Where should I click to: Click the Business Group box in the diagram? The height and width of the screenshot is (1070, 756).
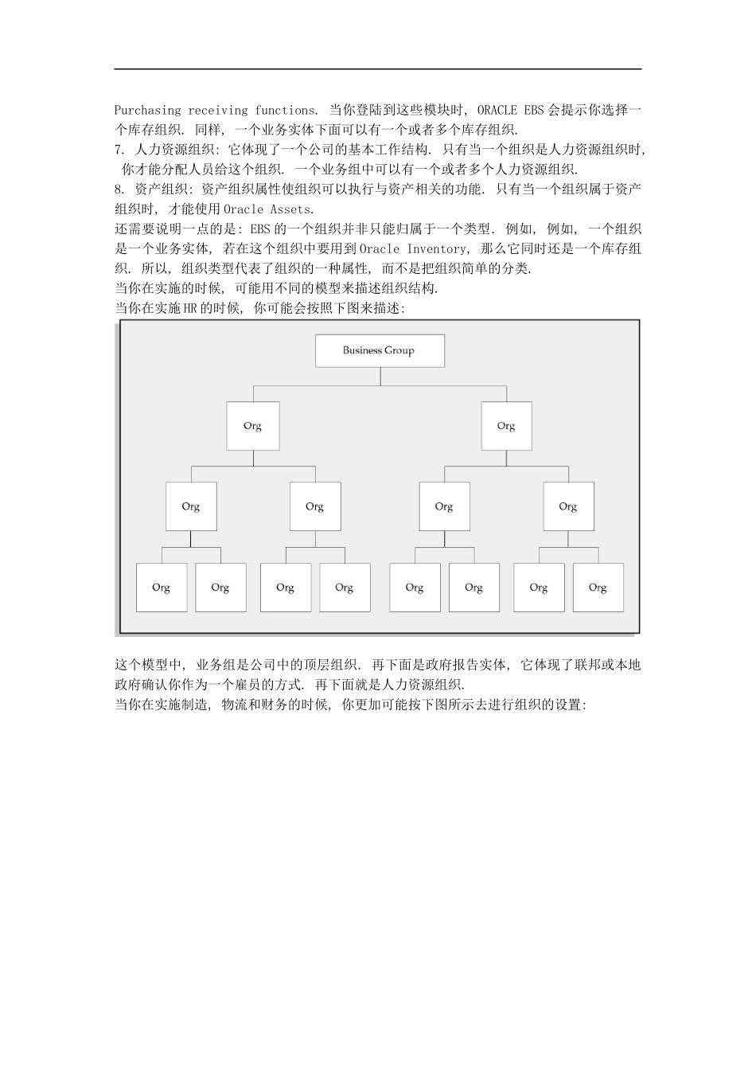pos(380,350)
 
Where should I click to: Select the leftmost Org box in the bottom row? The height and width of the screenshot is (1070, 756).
pos(162,588)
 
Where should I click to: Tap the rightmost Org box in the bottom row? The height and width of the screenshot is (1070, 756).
pos(598,588)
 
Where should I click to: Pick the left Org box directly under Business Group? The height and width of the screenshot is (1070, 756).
pos(253,426)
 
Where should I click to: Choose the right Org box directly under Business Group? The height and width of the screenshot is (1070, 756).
pos(506,426)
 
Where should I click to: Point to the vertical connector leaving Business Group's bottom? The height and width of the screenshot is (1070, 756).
pos(380,376)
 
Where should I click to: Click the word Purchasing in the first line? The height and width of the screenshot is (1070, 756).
pos(148,110)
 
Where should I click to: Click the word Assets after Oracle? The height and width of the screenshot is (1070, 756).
pos(291,209)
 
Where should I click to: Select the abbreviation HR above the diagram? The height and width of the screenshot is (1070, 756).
pos(190,308)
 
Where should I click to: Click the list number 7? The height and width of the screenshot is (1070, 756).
pos(119,150)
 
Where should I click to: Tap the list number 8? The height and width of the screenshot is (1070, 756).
pos(119,189)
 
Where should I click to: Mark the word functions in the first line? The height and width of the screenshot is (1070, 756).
pos(286,110)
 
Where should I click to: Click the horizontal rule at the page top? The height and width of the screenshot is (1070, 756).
pos(378,69)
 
